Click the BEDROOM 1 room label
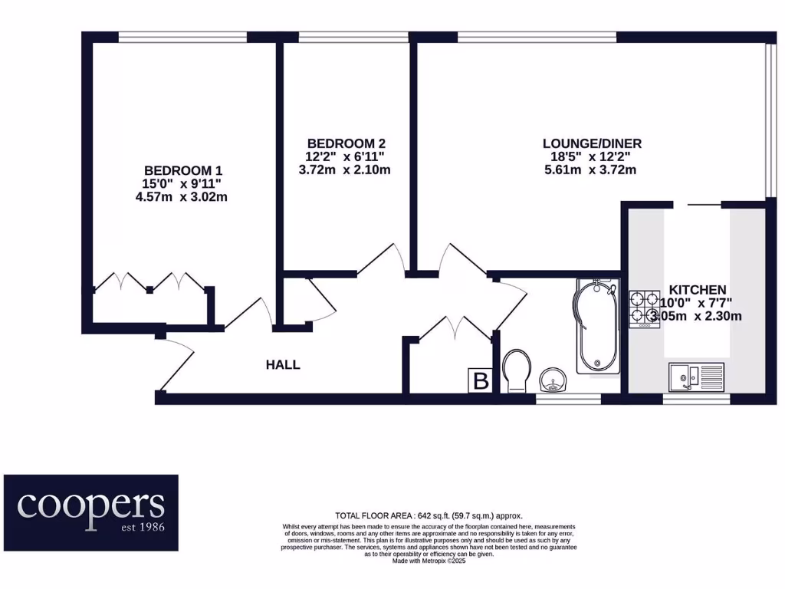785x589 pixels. pos(183,170)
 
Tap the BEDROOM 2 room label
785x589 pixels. pos(345,143)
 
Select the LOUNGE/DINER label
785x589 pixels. pos(592,143)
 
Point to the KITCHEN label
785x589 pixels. pos(698,290)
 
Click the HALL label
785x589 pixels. pos(283,365)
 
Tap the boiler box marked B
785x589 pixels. pos(481,380)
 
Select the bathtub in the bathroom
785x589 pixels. pos(596,326)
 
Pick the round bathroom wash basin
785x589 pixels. pos(553,378)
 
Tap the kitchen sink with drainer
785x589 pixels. pos(695,376)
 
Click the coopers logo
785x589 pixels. pos(91,512)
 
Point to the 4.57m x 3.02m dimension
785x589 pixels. pos(181,197)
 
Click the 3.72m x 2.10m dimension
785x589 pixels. pos(345,169)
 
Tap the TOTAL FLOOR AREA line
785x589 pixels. pos(429,516)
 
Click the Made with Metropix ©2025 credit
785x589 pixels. pos(429,561)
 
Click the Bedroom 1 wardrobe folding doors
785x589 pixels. pos(149,282)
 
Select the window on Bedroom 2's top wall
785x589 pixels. pos(353,37)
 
